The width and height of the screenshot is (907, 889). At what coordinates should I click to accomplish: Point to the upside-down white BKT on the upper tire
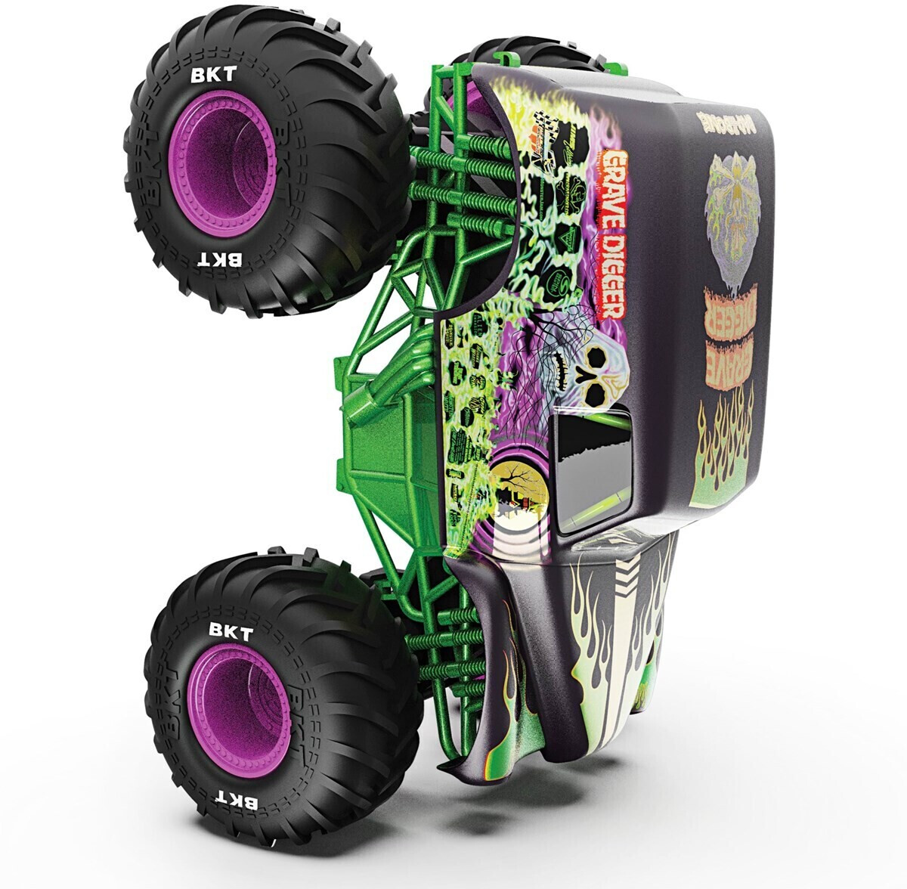(220, 259)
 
